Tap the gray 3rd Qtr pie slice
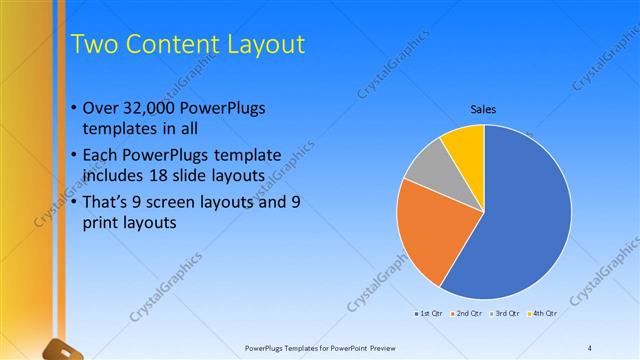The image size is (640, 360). pos(431,165)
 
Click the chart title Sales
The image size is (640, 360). pos(484,109)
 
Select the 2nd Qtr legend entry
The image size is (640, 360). pos(467,313)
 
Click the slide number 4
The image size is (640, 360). pos(590,348)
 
